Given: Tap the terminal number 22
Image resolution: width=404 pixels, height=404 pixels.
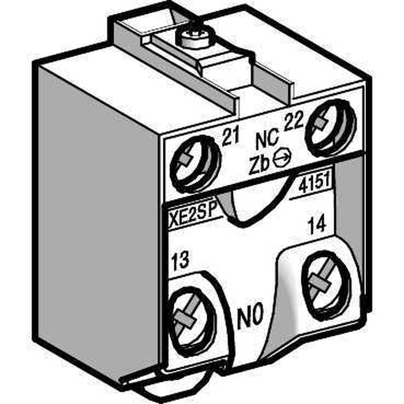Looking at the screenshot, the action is click(293, 120).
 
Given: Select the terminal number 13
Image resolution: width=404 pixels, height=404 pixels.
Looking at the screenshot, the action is click(180, 261).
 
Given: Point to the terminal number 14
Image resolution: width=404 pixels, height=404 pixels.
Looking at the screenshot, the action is click(317, 226).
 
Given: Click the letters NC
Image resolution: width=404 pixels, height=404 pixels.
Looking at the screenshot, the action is click(267, 140).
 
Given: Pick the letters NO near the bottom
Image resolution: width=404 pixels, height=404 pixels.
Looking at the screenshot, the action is click(250, 315).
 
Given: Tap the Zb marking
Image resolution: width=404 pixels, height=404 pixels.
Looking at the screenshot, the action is click(259, 164).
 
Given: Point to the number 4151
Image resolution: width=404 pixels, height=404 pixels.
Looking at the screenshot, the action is click(314, 185).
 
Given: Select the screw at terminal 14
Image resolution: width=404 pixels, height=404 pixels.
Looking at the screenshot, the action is click(327, 283).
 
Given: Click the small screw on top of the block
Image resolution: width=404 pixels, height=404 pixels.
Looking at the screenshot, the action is click(195, 38).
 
